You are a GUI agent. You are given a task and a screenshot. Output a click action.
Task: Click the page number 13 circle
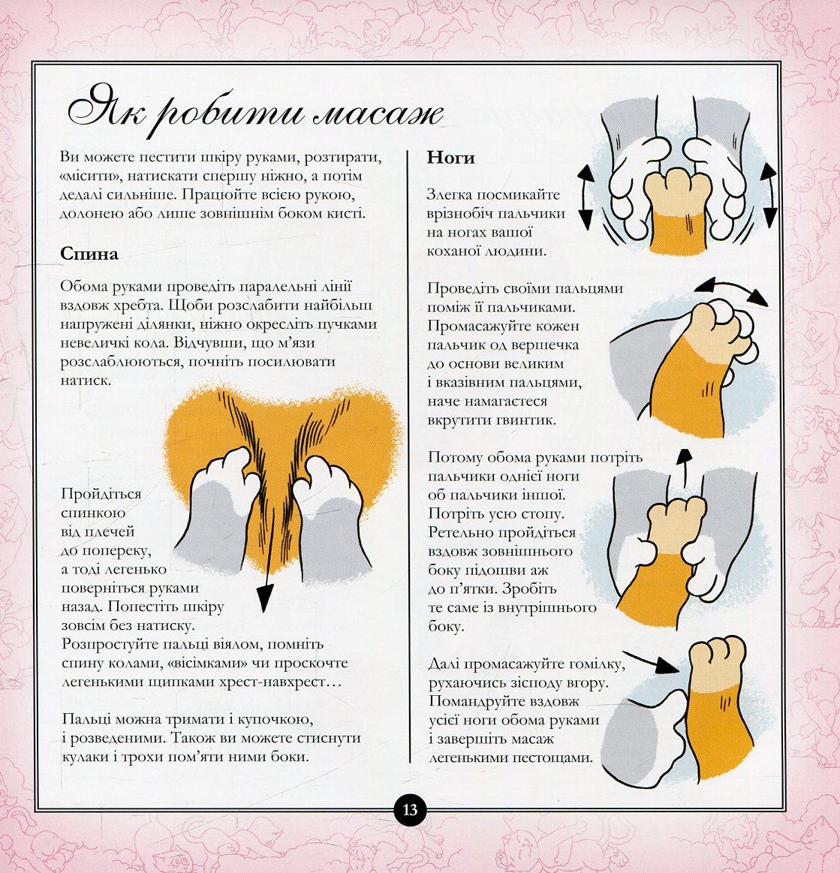(410, 809)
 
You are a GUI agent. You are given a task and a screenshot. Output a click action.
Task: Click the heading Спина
(89, 254)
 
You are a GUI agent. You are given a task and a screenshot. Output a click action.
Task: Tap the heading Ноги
(451, 158)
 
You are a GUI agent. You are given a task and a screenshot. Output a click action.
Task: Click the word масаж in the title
(378, 113)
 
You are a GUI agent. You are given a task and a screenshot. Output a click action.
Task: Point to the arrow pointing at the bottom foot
(651, 661)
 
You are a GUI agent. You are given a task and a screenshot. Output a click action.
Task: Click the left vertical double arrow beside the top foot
(586, 197)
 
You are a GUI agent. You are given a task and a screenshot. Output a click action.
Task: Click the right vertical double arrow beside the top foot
(769, 195)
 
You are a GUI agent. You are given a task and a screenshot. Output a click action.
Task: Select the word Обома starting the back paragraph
(83, 286)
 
